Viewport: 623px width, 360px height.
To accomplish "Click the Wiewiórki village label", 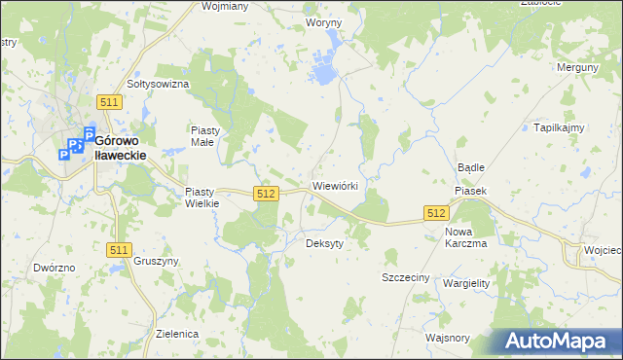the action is click(x=336, y=185).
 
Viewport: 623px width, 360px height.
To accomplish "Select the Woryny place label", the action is click(x=323, y=21).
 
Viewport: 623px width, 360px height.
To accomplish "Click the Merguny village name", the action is click(x=576, y=67).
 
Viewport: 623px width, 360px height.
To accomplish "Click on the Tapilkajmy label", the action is click(x=558, y=127).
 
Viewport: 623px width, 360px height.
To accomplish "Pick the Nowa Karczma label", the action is click(x=465, y=237).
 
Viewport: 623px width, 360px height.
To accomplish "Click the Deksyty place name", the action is click(x=324, y=243).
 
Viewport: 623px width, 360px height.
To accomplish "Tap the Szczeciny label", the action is click(x=405, y=277).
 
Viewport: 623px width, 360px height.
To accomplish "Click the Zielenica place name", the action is click(x=177, y=334).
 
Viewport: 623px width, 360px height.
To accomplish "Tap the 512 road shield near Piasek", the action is click(x=436, y=213).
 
